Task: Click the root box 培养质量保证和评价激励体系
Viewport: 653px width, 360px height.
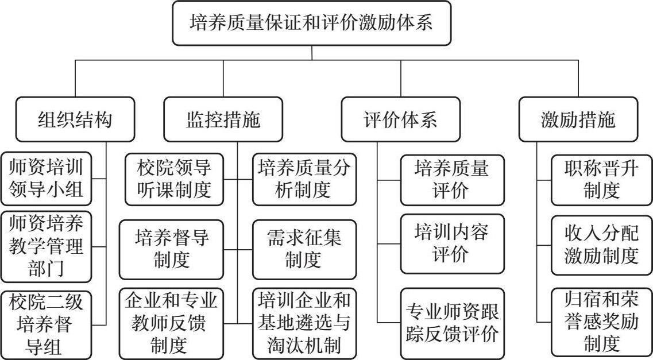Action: [312, 24]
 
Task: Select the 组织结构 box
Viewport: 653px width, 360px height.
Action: [75, 119]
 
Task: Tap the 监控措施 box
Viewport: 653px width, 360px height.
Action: [223, 119]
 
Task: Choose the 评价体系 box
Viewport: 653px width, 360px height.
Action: [400, 119]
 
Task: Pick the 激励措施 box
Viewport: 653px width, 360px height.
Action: [578, 119]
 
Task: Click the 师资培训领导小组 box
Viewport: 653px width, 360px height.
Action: [46, 179]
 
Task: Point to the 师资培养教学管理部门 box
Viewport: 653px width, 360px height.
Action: [46, 247]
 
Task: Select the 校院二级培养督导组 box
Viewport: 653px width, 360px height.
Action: [46, 324]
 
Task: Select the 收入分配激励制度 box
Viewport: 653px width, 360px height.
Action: [601, 245]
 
